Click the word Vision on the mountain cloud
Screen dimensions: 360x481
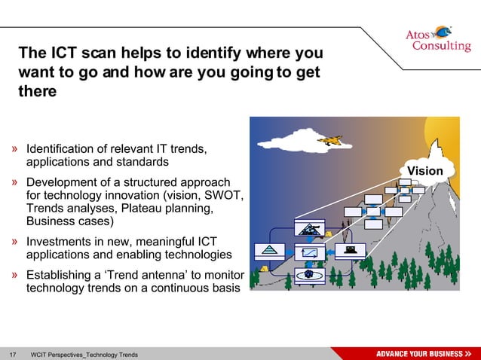click(x=425, y=171)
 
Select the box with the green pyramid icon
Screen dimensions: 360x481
click(x=269, y=250)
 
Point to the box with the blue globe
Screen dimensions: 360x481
click(x=308, y=274)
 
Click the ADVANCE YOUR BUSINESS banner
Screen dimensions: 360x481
click(x=423, y=354)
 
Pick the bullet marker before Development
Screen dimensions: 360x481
click(x=16, y=183)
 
